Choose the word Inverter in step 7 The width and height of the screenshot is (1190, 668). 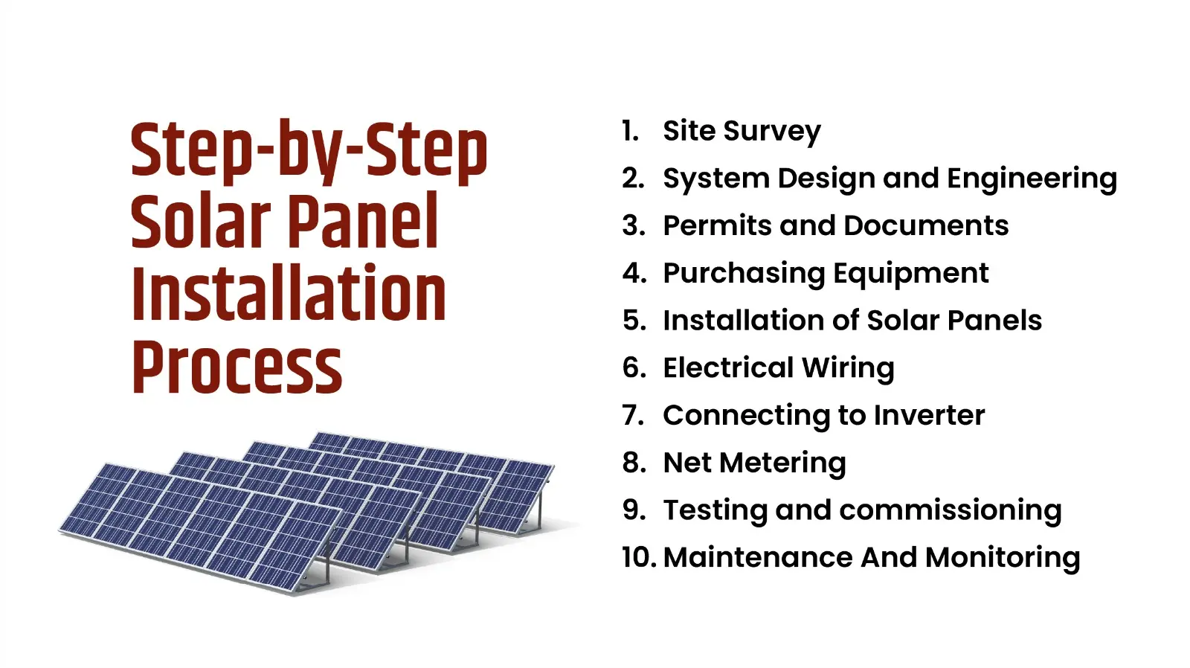coord(929,415)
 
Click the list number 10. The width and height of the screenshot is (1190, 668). coord(637,558)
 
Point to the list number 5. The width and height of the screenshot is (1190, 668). coord(634,321)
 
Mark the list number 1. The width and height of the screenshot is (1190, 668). coord(630,131)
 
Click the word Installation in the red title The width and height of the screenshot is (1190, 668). coord(289,295)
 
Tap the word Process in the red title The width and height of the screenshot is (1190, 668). coord(237,367)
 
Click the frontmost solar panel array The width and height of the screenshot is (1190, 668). coord(201,528)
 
